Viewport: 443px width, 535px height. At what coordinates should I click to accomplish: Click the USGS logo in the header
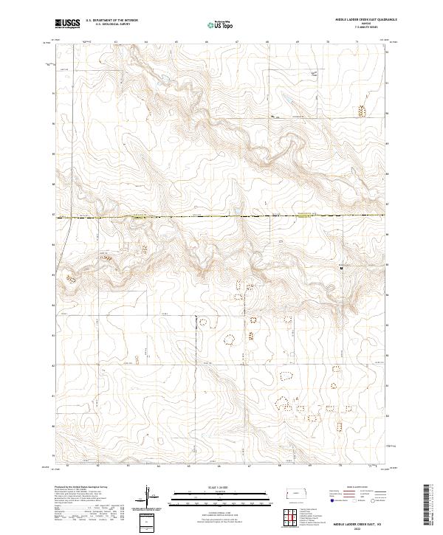(x=67, y=24)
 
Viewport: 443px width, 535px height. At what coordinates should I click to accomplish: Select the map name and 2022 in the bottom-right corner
(x=356, y=524)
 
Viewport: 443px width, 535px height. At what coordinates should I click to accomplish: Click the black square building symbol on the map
(x=341, y=269)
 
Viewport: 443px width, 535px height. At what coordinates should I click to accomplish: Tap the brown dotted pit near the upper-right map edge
(x=361, y=112)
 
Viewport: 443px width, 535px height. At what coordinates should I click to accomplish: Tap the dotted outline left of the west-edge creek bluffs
(x=72, y=278)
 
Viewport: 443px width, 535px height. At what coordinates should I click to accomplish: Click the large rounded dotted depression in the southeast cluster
(x=283, y=404)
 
